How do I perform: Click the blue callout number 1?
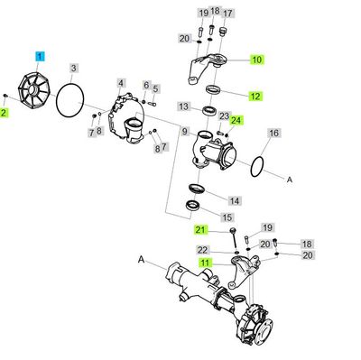coord(40,55)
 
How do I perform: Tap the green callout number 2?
coord(5,112)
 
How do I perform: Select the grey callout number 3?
coord(75,67)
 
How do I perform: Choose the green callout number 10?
coord(256,60)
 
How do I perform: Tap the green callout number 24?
coord(236,120)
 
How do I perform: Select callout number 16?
coord(273,133)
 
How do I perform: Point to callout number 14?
coord(233,200)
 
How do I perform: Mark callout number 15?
coord(227,217)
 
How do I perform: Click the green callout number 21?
coord(203,229)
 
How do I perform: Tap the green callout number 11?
coord(205,262)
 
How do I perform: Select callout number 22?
coord(203,249)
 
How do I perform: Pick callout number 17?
coord(227,14)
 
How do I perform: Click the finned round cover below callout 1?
coord(33,89)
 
